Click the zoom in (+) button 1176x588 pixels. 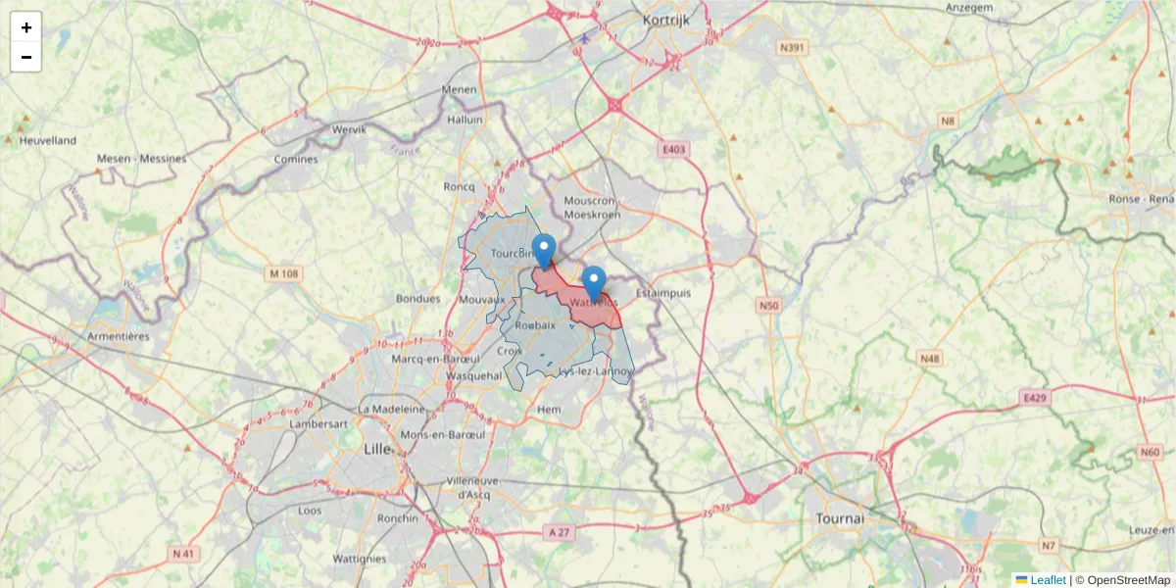tap(26, 27)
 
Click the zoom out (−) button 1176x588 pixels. tap(26, 57)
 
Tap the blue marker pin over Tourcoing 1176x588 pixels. tap(544, 251)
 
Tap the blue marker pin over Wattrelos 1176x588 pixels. tap(593, 283)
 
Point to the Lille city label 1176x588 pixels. tap(376, 449)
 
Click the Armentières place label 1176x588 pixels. tap(118, 335)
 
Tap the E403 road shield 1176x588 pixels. tap(674, 149)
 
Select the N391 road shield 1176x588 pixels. tap(793, 48)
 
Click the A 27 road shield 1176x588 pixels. tap(559, 531)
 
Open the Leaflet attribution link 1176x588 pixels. tap(1047, 580)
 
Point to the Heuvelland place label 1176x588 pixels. tap(47, 140)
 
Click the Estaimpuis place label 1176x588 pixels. tap(663, 292)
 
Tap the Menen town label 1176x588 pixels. tap(459, 89)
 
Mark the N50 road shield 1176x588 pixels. tap(768, 307)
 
